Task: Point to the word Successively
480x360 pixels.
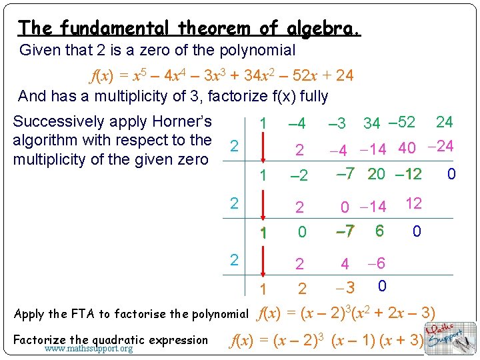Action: tap(59, 121)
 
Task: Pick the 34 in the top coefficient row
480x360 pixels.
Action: tap(371, 123)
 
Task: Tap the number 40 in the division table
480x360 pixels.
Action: tap(407, 147)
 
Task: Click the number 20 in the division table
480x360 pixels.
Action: tap(377, 174)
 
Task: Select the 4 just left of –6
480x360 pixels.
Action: tap(345, 265)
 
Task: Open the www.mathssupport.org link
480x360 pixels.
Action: tap(89, 349)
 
